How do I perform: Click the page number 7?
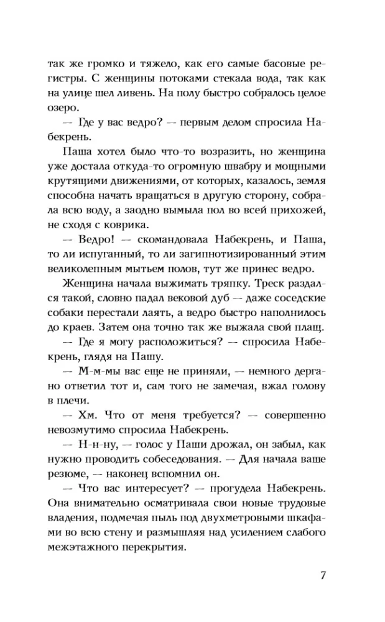point(323,575)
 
